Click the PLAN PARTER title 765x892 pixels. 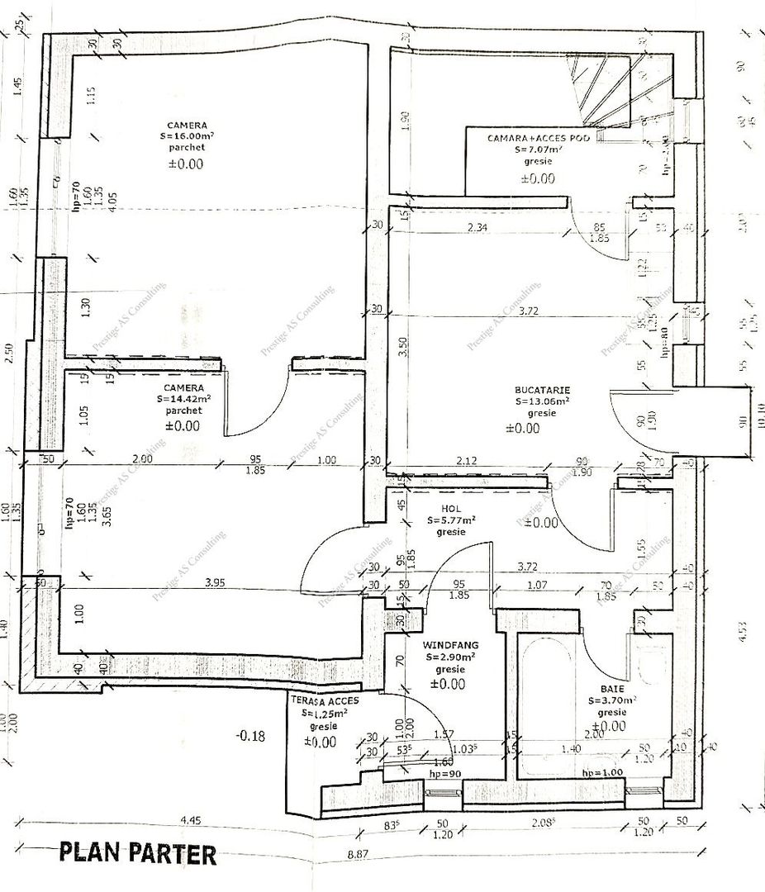(x=137, y=853)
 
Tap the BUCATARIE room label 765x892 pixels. (x=541, y=390)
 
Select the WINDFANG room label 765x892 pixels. (x=450, y=644)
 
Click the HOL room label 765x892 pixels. (x=450, y=510)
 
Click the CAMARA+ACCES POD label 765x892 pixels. (x=539, y=139)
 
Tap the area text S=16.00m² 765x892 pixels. (x=186, y=136)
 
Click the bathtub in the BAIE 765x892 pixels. (x=544, y=702)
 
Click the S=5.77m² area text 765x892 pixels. (x=451, y=521)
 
